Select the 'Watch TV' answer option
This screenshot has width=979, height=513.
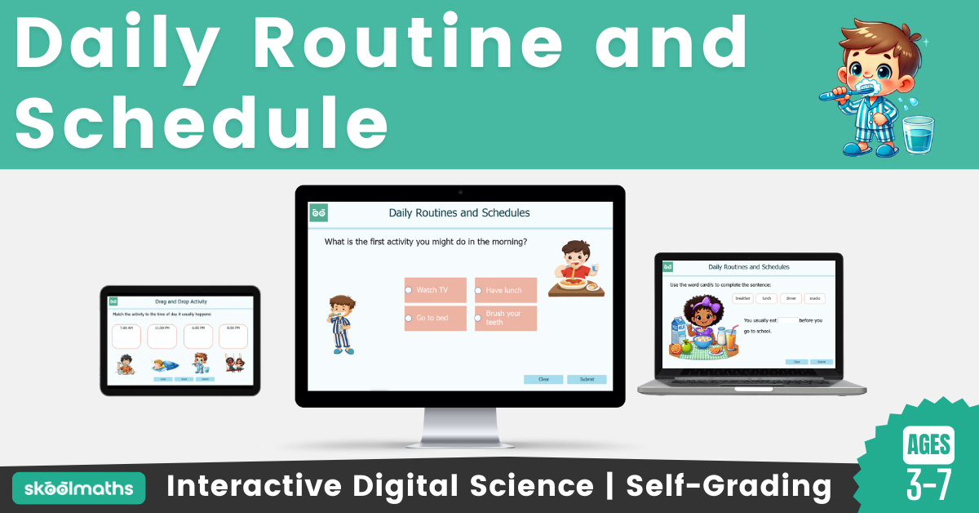tap(435, 290)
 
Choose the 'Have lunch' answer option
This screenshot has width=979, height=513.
tap(506, 290)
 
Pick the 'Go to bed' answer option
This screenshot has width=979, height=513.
tap(435, 318)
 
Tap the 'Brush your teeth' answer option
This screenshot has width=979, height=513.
tap(506, 318)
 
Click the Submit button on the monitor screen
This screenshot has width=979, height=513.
tap(587, 379)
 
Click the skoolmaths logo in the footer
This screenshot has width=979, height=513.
tap(78, 488)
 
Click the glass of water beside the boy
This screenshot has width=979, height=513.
tap(918, 134)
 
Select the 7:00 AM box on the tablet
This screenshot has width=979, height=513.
tap(126, 336)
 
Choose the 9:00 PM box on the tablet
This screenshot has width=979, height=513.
tap(233, 336)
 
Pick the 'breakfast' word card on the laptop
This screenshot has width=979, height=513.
tap(742, 299)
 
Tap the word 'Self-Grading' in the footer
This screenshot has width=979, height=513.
tap(729, 487)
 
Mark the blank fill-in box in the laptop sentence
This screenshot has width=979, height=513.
tap(787, 320)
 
